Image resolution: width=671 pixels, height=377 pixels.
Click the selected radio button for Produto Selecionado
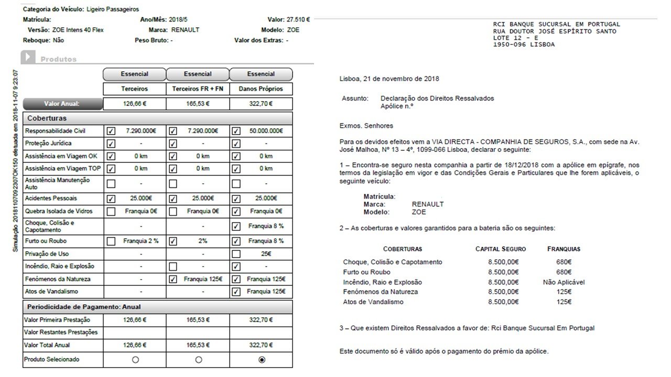click(262, 360)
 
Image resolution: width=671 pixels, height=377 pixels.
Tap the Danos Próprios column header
click(261, 89)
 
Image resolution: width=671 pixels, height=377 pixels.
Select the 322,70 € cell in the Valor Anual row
click(261, 104)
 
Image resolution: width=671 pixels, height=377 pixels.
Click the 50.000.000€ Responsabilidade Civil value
click(266, 131)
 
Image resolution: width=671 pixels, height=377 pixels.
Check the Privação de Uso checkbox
click(236, 253)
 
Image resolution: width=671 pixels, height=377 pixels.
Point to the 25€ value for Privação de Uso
click(266, 253)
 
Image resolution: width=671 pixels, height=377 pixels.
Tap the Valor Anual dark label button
click(62, 104)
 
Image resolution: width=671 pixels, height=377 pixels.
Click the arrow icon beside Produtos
click(28, 57)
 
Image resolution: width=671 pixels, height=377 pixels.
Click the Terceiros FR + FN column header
click(198, 89)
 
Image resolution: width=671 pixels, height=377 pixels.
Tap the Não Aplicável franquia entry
click(564, 282)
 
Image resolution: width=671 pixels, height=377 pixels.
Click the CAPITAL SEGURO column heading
click(500, 249)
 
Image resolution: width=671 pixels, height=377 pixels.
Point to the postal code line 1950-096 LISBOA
click(524, 45)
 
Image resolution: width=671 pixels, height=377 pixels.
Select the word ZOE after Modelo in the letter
click(419, 212)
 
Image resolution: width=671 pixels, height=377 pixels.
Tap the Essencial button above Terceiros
click(134, 74)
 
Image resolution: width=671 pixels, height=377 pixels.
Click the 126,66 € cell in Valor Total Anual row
click(135, 345)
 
